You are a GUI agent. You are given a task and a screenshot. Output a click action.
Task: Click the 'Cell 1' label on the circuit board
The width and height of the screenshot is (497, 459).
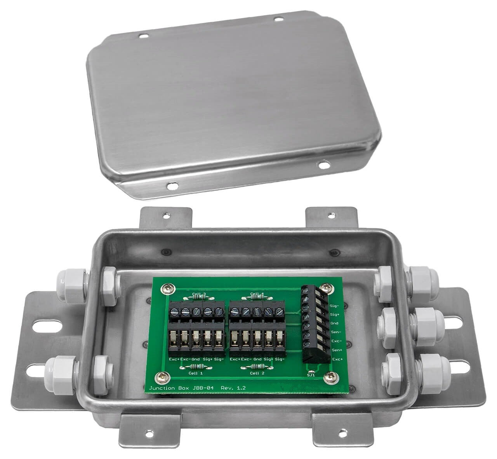pos(195,373)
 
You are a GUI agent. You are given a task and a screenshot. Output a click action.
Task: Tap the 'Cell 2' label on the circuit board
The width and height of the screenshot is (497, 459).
pos(257,373)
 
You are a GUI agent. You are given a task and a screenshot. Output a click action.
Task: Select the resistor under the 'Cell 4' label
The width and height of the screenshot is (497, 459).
pos(257,297)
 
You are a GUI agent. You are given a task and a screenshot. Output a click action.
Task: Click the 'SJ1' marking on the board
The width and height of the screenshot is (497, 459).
pos(311,375)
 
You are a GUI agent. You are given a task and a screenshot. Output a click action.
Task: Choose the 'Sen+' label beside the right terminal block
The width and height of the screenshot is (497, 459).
pos(336,351)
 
